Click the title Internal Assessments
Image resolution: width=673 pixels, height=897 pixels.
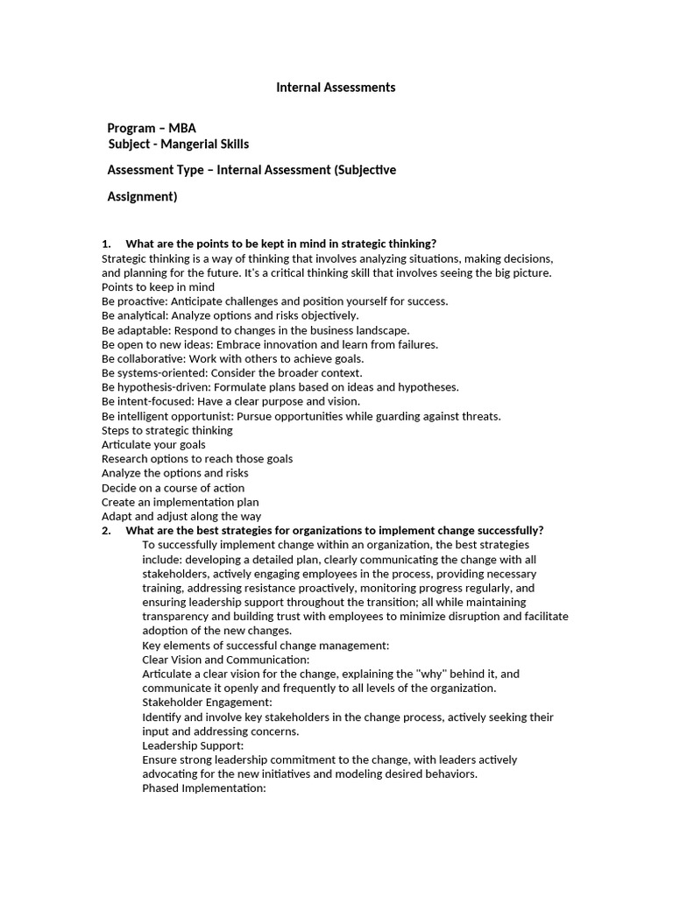coord(336,88)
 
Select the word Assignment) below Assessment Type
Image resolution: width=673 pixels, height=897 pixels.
coord(142,197)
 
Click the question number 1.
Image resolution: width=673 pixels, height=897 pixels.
coord(106,244)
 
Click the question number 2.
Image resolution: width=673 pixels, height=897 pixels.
coord(106,531)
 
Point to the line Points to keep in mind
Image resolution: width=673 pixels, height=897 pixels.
coord(158,286)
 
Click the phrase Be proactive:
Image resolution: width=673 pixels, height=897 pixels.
coord(135,301)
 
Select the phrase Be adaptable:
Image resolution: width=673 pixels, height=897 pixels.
coord(137,330)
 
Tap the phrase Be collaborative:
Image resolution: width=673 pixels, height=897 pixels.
coord(142,358)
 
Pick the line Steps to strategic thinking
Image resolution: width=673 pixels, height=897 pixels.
coord(166,430)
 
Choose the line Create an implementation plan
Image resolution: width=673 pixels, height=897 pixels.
coord(180,502)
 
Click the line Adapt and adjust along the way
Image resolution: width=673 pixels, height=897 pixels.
coord(181,517)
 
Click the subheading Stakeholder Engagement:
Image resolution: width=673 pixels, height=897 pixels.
coord(207,703)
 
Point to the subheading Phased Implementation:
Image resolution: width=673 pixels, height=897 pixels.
coord(203,788)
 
